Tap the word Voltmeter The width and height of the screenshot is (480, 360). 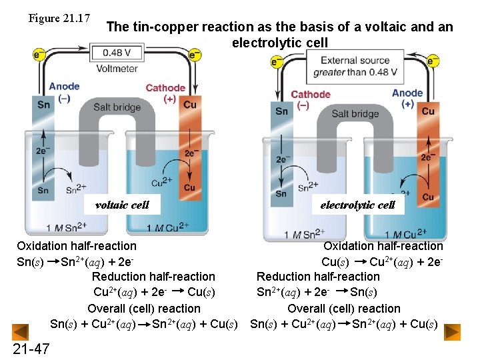click(x=117, y=68)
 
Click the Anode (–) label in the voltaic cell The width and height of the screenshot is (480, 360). click(x=64, y=91)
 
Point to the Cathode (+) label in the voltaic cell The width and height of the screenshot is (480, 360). click(x=165, y=93)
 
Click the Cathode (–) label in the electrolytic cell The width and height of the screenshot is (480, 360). click(x=311, y=99)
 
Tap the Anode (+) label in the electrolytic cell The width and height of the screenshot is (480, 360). click(x=407, y=98)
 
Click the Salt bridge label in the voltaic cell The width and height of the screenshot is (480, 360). click(x=117, y=107)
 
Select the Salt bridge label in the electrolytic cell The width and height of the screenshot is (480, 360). click(x=355, y=113)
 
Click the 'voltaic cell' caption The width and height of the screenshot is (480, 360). click(x=122, y=205)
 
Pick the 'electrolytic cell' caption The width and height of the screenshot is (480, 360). click(x=358, y=205)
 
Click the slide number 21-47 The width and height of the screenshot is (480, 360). click(x=31, y=349)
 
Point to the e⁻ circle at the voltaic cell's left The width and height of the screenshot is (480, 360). click(x=39, y=53)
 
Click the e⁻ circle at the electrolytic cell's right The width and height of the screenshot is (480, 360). click(x=433, y=61)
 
